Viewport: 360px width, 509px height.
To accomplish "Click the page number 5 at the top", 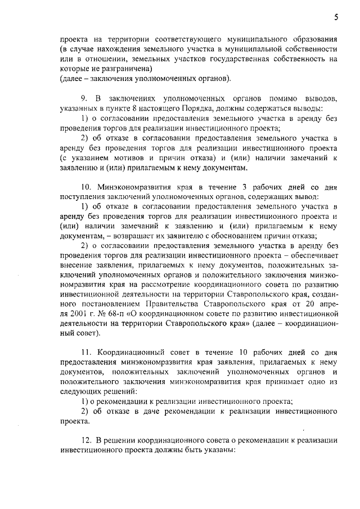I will (335, 17).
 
